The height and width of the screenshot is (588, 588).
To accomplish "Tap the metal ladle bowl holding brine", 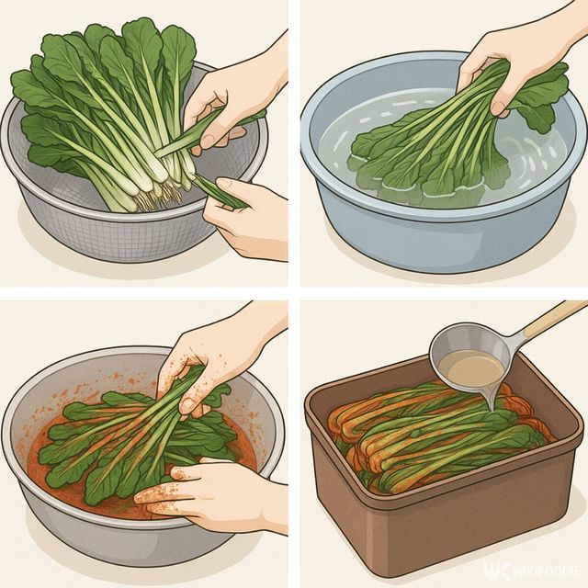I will tap(469, 366).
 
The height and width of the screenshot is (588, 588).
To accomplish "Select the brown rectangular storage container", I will tap(441, 514).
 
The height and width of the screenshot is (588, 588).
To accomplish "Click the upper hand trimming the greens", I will tap(225, 101).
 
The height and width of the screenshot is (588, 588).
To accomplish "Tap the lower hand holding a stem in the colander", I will tap(248, 220).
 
